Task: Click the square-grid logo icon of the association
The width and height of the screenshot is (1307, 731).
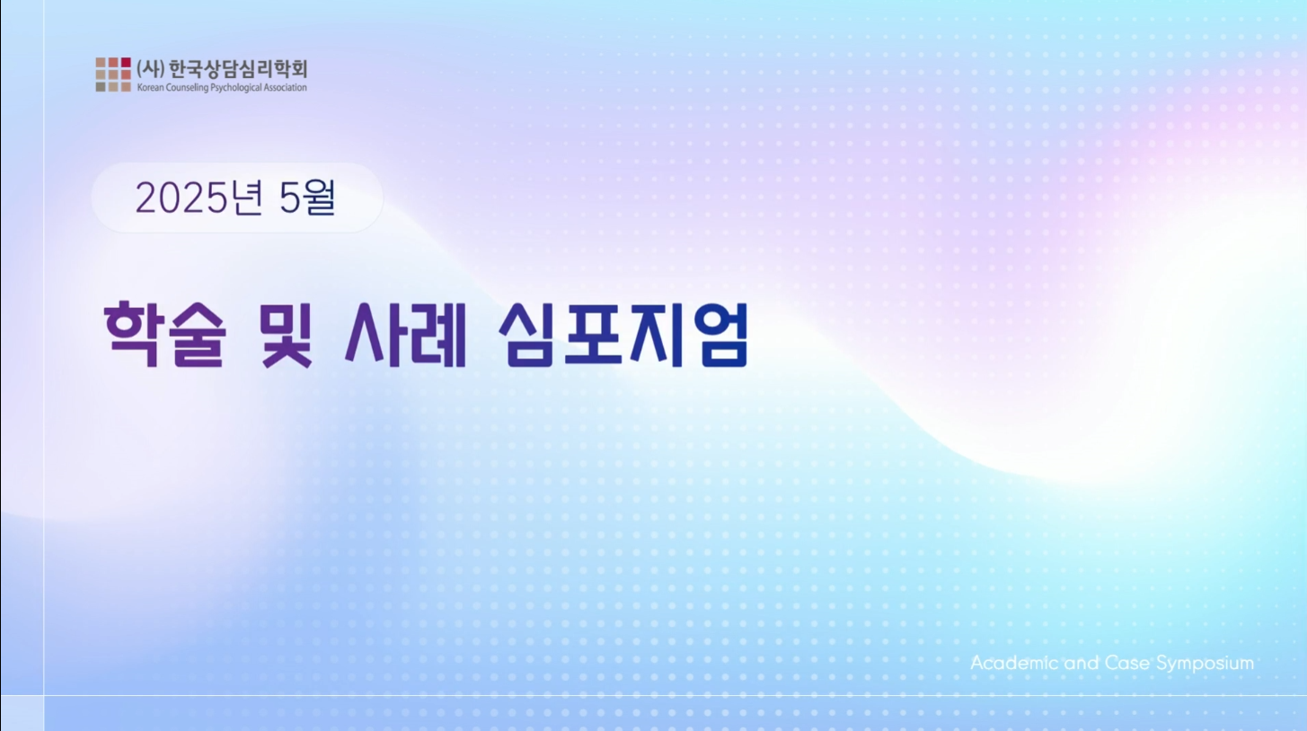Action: click(x=113, y=75)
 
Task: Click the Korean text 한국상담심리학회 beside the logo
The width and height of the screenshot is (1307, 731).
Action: click(x=237, y=69)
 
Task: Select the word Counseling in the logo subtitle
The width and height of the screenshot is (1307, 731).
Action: click(x=187, y=88)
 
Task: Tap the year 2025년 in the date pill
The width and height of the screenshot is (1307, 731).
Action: click(x=199, y=198)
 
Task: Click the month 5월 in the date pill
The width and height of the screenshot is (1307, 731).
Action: click(x=307, y=198)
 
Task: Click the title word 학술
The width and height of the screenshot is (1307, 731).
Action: click(x=164, y=334)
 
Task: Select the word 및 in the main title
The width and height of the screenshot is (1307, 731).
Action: click(x=286, y=334)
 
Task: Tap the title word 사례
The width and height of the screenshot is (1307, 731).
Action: click(x=406, y=334)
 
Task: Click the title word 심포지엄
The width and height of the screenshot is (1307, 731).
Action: click(x=623, y=334)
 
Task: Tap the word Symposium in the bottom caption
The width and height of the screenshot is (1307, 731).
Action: click(x=1205, y=664)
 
